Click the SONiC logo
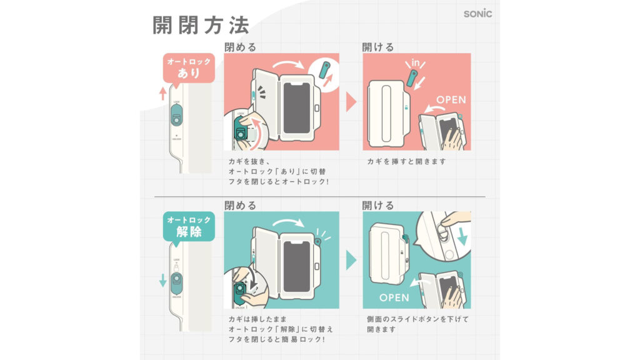[x=477, y=14]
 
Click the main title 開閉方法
[x=201, y=24]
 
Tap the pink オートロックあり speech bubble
[x=189, y=67]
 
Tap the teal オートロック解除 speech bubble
[x=189, y=226]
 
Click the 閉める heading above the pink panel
[x=240, y=47]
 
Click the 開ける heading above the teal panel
[x=378, y=205]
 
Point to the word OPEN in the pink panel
[x=451, y=99]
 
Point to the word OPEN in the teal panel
[x=394, y=297]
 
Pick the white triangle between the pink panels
[x=351, y=102]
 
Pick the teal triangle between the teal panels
[x=351, y=260]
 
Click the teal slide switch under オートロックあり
[x=177, y=116]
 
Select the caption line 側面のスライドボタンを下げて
[x=417, y=319]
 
